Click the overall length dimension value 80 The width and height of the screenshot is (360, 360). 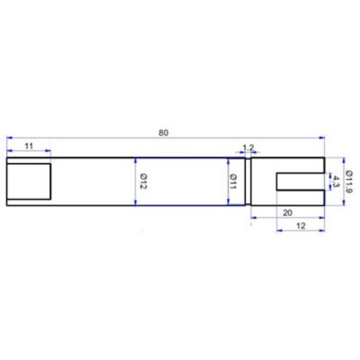[164, 133]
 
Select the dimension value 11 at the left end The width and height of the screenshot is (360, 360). [29, 145]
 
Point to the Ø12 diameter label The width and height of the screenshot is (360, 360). [142, 181]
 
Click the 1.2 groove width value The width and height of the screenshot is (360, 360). [248, 148]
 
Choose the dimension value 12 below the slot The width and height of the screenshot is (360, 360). [300, 225]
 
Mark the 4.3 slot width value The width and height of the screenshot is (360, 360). [336, 181]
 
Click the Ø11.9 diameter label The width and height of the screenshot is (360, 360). [350, 181]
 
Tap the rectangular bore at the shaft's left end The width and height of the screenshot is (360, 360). [29, 181]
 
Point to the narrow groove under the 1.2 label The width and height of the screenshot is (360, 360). [248, 181]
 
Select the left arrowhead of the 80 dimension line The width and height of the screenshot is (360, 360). [8, 138]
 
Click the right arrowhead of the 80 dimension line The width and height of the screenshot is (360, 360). [321, 138]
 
